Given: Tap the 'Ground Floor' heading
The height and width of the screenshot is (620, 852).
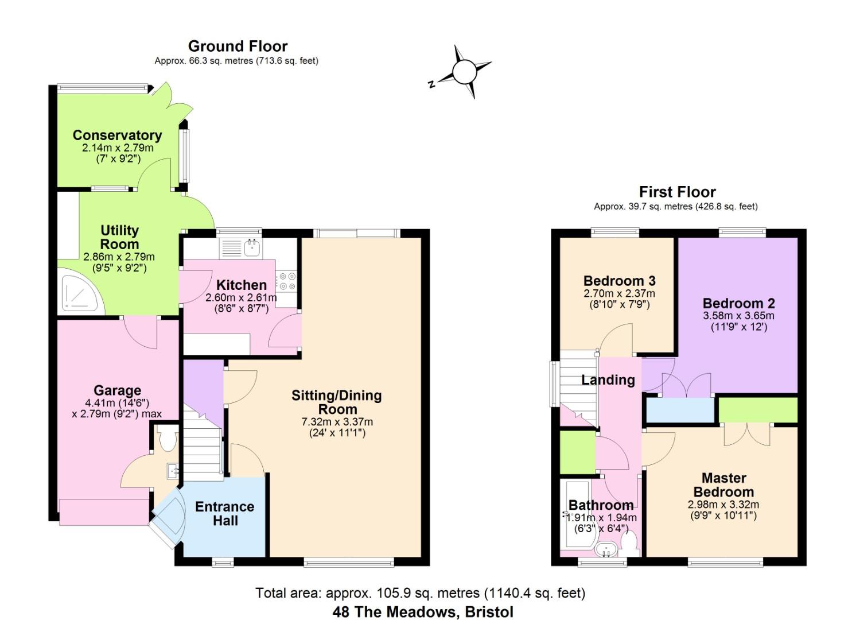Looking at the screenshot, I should (x=238, y=46).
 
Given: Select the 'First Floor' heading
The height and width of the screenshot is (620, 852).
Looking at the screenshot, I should (x=677, y=192).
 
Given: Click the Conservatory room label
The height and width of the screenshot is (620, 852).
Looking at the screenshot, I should (x=117, y=135).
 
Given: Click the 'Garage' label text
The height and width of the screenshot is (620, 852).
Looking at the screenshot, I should (x=117, y=391).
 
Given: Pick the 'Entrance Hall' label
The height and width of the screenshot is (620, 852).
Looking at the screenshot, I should (x=225, y=514).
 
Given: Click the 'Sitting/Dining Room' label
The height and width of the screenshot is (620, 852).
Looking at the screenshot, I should (x=337, y=402).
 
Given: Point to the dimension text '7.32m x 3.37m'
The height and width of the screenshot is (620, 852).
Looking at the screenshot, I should (x=337, y=422).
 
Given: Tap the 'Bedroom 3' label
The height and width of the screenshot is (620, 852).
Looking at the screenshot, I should (x=619, y=281).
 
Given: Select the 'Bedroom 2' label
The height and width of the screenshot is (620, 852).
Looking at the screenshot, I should (x=738, y=303).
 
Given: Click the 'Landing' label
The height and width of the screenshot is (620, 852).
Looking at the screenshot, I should (x=608, y=380).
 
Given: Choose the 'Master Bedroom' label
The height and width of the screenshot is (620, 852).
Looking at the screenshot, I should (x=723, y=485).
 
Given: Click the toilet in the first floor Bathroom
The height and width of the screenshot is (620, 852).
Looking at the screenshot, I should (x=630, y=542).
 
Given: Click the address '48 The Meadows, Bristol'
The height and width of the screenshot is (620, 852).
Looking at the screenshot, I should (x=423, y=612).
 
